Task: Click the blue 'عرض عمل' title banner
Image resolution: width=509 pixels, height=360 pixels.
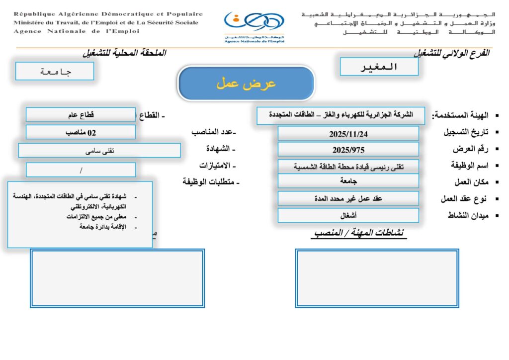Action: coord(246,83)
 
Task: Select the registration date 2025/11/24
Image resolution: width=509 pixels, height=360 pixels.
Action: coord(348,134)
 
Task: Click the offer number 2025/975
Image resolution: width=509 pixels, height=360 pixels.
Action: coord(348,150)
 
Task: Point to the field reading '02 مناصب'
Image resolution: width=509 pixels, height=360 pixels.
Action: coord(81,133)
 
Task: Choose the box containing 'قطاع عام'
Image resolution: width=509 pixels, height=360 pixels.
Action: coord(81,115)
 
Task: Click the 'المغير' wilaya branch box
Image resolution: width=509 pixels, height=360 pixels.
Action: coord(379,67)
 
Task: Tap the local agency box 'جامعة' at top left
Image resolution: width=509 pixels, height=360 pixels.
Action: coord(55,71)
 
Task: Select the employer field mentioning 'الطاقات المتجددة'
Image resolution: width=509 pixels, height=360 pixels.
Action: coord(341,115)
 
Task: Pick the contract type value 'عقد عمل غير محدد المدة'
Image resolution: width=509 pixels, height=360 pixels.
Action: coord(348,198)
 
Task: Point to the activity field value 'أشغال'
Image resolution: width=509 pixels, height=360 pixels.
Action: coord(348,215)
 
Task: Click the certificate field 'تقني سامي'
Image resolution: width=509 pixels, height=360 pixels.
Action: coord(99,151)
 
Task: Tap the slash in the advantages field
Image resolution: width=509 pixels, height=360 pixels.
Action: coord(81,170)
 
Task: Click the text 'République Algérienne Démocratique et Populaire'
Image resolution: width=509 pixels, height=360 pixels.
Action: coord(108,14)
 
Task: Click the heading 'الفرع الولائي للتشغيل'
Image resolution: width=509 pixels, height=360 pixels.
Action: coord(451,53)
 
